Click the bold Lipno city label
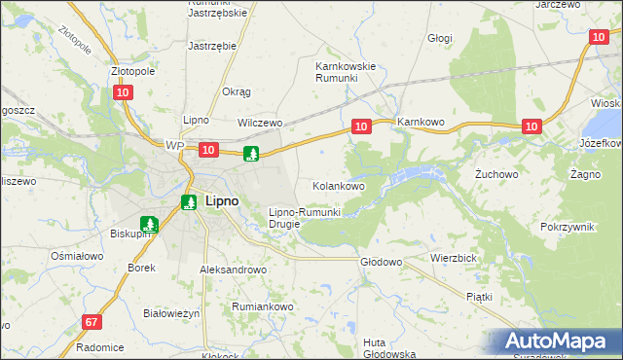[218, 202]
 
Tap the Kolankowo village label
[338, 185]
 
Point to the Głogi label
[440, 38]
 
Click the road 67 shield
[92, 322]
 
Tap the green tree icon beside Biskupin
[148, 224]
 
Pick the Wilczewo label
[260, 124]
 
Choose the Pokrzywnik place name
[567, 226]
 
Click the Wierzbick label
[453, 259]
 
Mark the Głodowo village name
[382, 262]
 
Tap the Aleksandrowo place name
[233, 270]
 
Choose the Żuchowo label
[494, 175]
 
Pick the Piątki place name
[479, 296]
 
